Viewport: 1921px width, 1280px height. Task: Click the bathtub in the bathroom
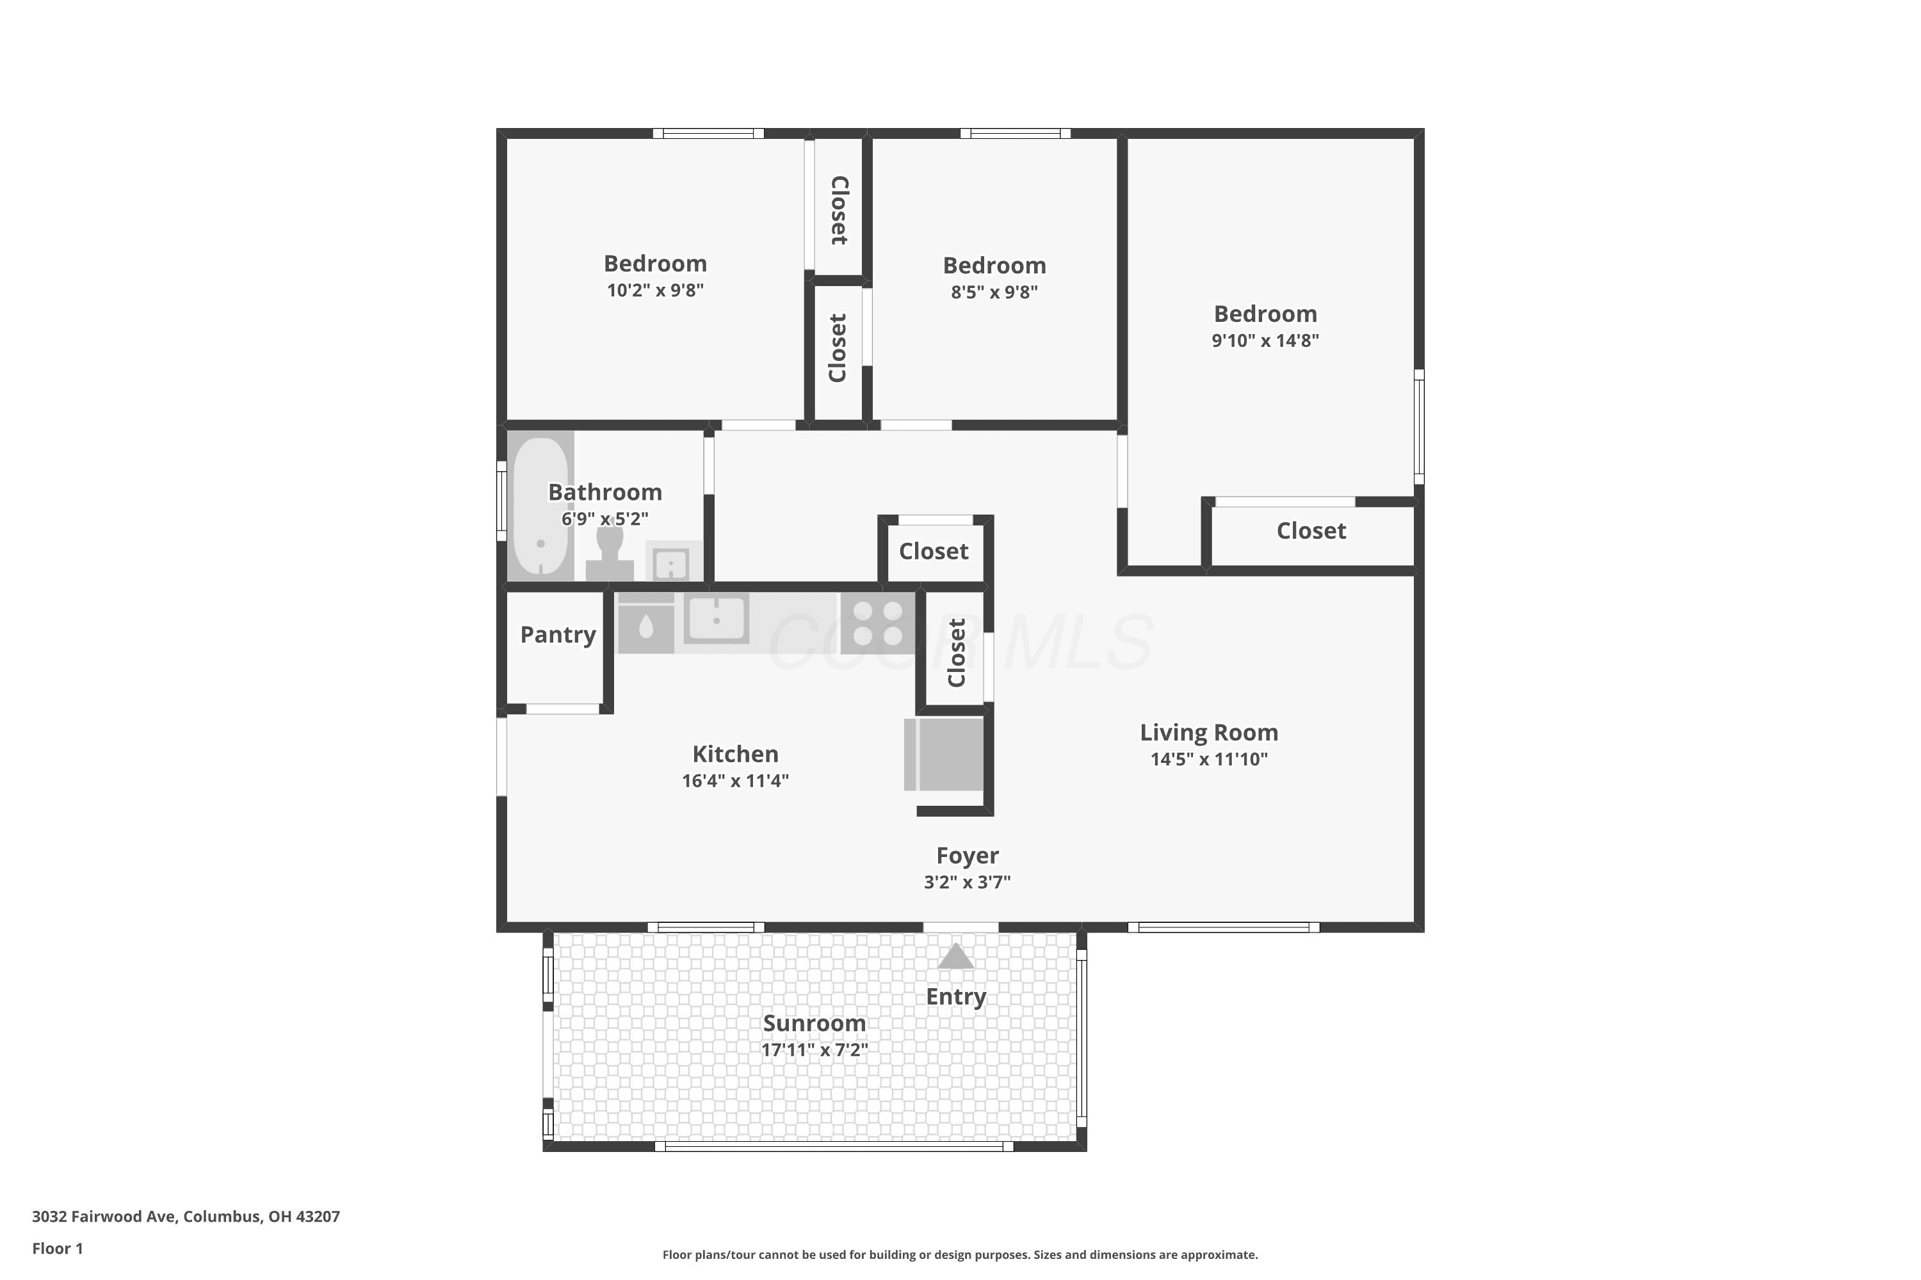(540, 506)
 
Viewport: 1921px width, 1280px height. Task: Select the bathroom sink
(672, 562)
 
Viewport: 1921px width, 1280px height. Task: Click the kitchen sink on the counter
(717, 619)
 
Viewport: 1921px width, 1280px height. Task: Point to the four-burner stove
(878, 623)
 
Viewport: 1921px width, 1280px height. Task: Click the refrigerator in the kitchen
(945, 755)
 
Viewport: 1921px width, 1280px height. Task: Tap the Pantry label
(558, 635)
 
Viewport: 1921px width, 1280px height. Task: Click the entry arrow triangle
(955, 956)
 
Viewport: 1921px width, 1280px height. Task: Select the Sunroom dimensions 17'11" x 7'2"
(815, 1050)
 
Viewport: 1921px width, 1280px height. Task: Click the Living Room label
(1209, 733)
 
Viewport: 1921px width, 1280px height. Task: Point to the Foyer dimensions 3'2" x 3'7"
(967, 882)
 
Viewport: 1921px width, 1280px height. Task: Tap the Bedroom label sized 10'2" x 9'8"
(655, 264)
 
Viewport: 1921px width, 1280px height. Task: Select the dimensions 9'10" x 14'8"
(1265, 340)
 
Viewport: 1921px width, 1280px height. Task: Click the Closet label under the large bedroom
(1311, 531)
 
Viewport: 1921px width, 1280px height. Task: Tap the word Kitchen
(735, 755)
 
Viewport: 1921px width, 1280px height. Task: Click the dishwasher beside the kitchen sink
(645, 623)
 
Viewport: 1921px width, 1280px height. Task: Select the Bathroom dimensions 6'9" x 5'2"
(604, 519)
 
